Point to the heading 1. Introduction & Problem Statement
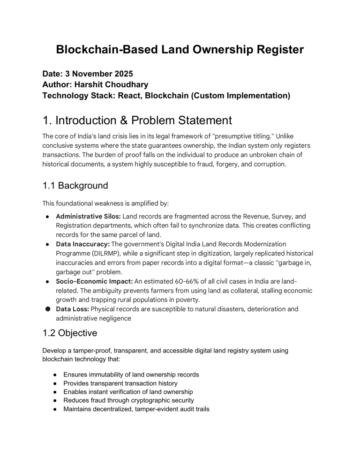tap(137, 120)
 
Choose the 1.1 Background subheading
tap(75, 185)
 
